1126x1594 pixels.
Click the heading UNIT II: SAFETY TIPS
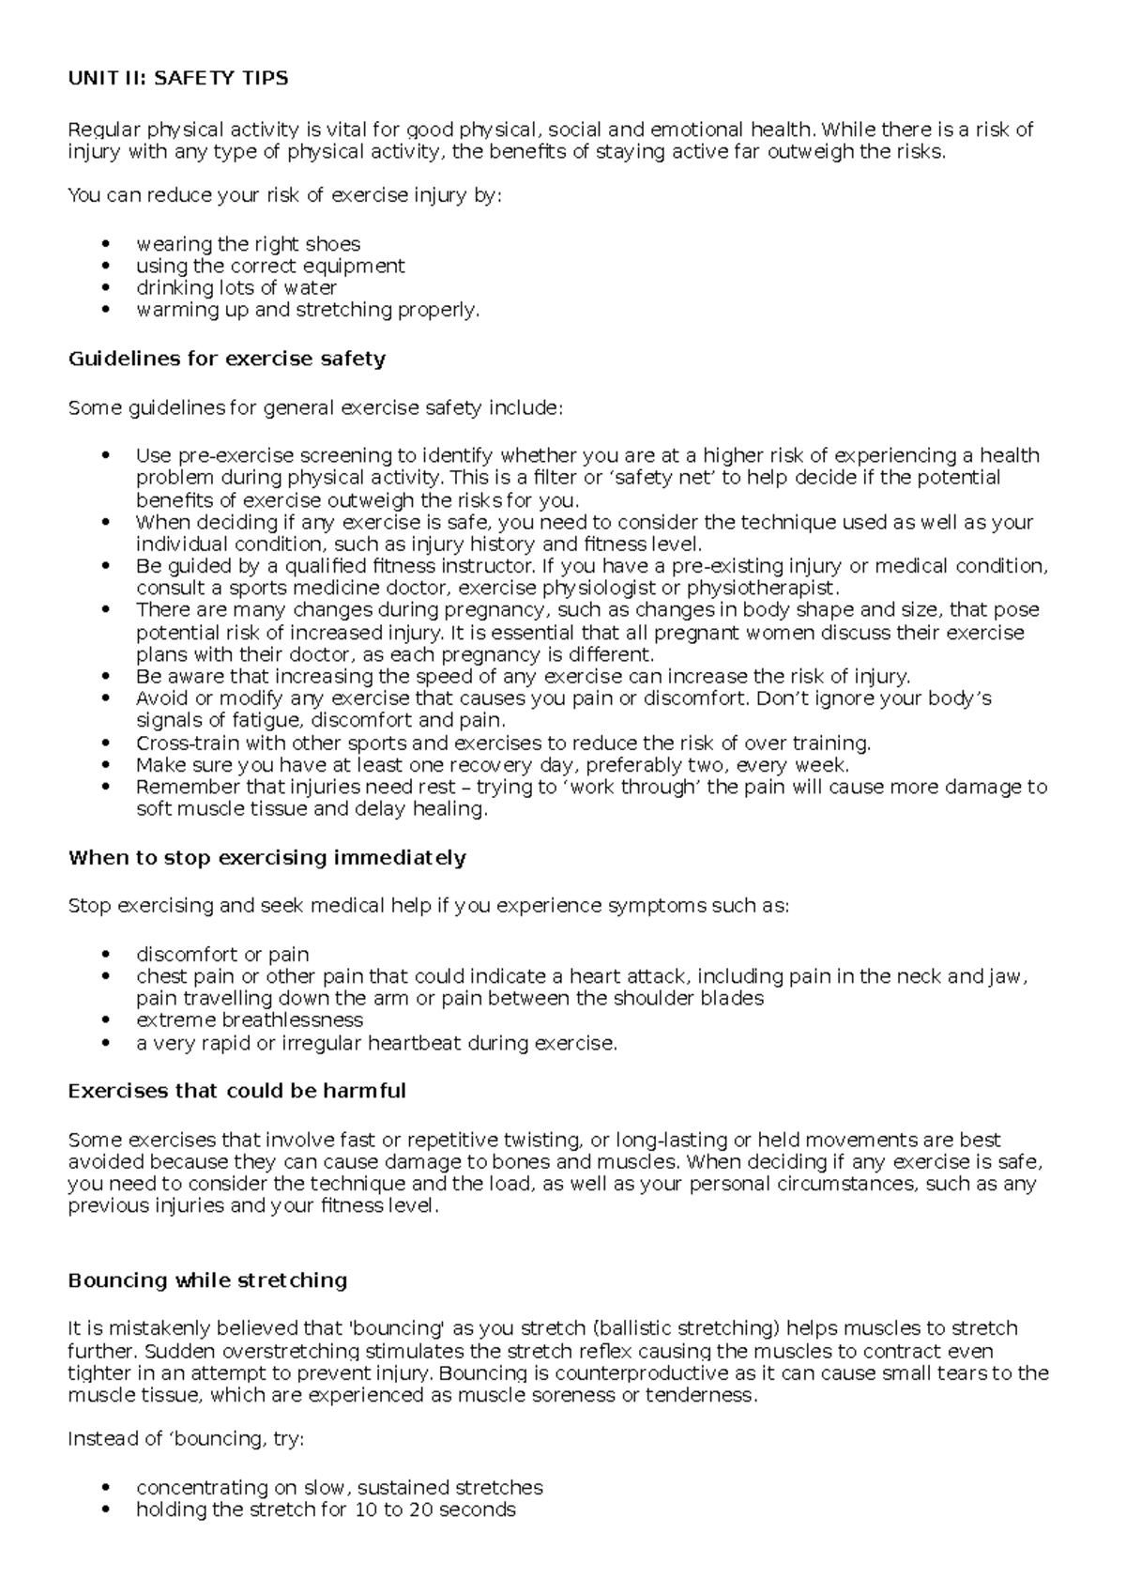(x=178, y=79)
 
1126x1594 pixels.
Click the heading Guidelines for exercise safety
(x=226, y=359)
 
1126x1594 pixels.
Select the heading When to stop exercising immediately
(x=266, y=858)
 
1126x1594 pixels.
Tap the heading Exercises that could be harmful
(x=236, y=1092)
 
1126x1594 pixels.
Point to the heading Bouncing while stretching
(x=207, y=1280)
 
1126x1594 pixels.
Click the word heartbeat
(x=416, y=1043)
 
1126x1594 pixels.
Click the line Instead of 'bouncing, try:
(x=186, y=1439)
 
